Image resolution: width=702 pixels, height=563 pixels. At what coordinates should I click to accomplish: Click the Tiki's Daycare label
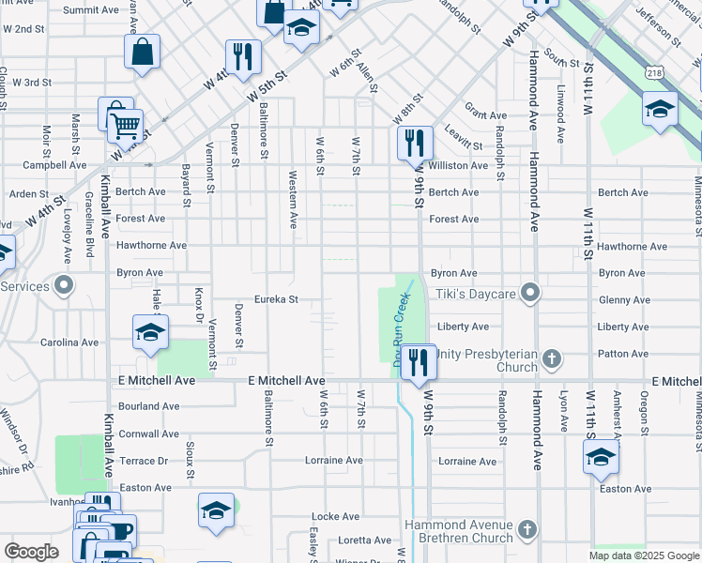(476, 295)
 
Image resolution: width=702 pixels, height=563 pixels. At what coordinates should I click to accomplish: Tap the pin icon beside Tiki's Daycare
(530, 294)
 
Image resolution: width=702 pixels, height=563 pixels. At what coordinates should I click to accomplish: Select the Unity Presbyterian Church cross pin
(553, 358)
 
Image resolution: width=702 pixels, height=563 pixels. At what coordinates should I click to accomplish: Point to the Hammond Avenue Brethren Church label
(459, 531)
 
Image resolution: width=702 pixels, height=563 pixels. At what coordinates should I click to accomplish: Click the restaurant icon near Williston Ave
(414, 144)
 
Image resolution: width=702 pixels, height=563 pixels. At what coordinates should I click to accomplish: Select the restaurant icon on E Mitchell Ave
(419, 360)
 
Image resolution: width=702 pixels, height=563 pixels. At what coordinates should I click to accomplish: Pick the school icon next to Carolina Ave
(149, 332)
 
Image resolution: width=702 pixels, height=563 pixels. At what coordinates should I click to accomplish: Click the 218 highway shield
(654, 71)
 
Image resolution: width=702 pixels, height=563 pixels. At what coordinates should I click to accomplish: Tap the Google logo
(31, 552)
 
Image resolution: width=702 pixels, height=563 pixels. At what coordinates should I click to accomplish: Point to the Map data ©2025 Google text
(644, 555)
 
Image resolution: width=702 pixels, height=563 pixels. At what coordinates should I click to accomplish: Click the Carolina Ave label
(69, 342)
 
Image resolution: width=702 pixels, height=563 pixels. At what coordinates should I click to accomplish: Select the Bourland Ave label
(149, 406)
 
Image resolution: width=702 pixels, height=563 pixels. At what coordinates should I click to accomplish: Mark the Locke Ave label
(335, 516)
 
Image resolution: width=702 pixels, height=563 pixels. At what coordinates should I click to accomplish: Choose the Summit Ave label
(91, 9)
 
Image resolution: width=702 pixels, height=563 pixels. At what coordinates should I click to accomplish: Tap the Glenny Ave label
(623, 300)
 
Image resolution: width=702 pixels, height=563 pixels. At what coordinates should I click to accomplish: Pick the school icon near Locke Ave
(216, 511)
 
